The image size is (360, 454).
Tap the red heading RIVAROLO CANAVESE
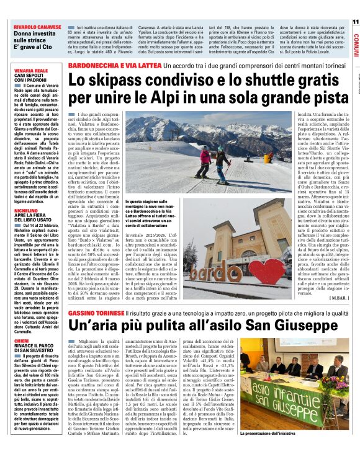pyautogui.click(x=35, y=27)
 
